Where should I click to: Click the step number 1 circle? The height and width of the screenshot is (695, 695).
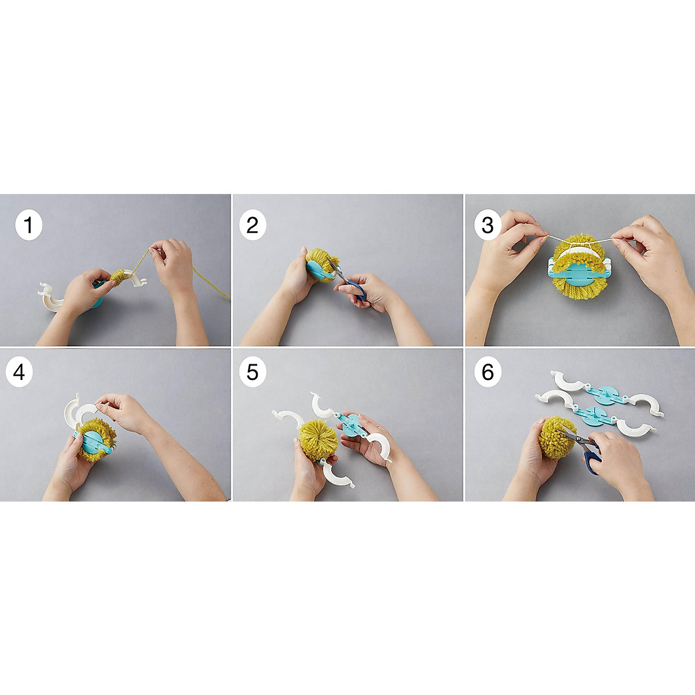[28, 225]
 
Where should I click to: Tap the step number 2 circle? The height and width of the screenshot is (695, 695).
[253, 225]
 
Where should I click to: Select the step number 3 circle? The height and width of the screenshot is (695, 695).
[487, 225]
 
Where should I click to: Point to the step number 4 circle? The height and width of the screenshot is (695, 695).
[20, 372]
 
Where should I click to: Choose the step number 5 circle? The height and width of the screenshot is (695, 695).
[253, 372]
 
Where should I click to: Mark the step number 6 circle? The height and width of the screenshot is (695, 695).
[487, 372]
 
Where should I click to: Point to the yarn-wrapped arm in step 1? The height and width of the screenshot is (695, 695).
[123, 277]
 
